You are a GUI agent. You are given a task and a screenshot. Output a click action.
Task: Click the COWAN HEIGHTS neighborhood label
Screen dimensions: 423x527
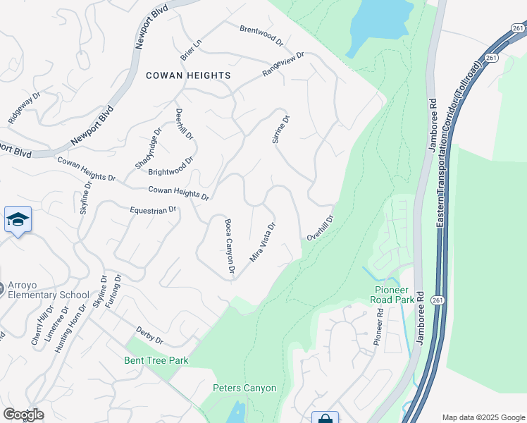click(x=188, y=75)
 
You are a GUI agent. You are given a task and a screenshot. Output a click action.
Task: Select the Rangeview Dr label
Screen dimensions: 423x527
click(x=283, y=64)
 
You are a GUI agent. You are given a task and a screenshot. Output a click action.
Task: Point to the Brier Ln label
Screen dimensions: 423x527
click(x=190, y=47)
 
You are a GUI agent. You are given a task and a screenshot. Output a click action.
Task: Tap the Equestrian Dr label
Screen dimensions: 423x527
click(x=153, y=209)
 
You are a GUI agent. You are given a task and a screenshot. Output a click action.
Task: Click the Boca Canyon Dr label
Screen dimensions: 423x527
click(x=229, y=245)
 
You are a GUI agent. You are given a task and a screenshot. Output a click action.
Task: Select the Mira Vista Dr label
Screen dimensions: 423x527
click(x=262, y=243)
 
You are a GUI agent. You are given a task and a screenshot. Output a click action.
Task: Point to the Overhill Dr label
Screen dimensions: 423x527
click(x=318, y=227)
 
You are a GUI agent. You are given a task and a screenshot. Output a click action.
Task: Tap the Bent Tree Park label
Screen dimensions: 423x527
click(x=156, y=360)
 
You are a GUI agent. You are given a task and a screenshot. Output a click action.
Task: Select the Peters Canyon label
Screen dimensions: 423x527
click(x=244, y=388)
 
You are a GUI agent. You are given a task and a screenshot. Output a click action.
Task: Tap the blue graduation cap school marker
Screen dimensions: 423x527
click(x=18, y=219)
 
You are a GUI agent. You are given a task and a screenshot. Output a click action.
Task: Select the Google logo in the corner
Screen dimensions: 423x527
click(x=23, y=415)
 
